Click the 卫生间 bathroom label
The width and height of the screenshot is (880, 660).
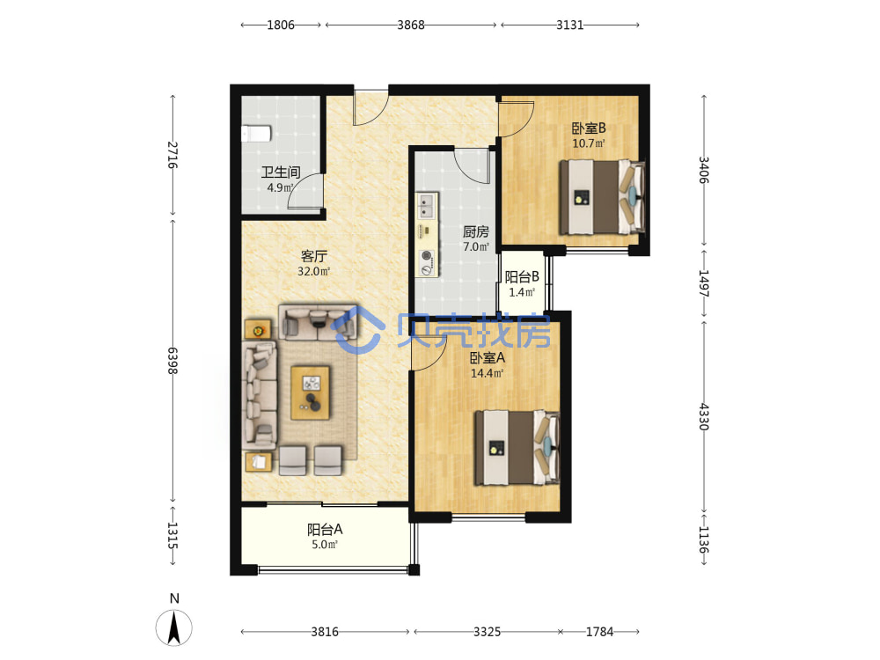(281, 172)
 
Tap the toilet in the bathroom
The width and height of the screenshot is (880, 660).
(256, 134)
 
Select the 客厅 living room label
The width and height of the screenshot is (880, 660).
(314, 256)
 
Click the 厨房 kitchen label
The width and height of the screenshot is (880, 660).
(475, 231)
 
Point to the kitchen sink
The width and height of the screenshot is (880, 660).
(427, 206)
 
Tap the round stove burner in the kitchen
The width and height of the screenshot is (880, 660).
(428, 256)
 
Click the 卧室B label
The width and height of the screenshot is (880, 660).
(589, 128)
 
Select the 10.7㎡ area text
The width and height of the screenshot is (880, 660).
(589, 143)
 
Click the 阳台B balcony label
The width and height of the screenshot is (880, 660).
(522, 276)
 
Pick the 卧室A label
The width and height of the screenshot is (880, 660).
(488, 357)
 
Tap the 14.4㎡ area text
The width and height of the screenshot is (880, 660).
(488, 373)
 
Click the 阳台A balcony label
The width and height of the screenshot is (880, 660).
(325, 529)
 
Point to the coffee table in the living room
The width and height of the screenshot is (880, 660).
(311, 392)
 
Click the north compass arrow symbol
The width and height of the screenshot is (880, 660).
(174, 627)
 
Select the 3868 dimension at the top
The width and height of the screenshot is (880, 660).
(411, 25)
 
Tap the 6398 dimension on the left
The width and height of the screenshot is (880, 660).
(172, 361)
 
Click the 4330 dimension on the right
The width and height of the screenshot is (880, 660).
(703, 416)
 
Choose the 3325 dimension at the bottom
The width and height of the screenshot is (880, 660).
(487, 632)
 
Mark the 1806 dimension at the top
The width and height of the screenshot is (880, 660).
(281, 25)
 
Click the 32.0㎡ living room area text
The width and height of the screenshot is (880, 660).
(314, 272)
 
